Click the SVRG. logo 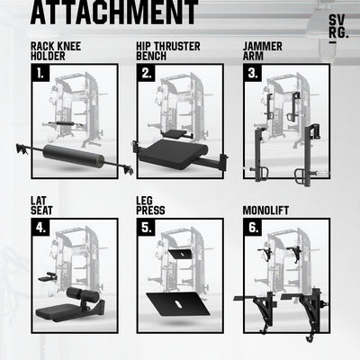pyautogui.click(x=338, y=28)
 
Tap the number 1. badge pyautogui.click(x=40, y=74)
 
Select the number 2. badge pyautogui.click(x=147, y=74)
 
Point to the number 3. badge pyautogui.click(x=253, y=74)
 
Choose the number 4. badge pyautogui.click(x=40, y=228)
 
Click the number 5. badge pyautogui.click(x=147, y=228)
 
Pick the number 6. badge pyautogui.click(x=253, y=228)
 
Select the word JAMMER pyautogui.click(x=263, y=47)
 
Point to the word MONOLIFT pyautogui.click(x=265, y=211)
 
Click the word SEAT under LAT pyautogui.click(x=41, y=211)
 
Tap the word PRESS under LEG pyautogui.click(x=150, y=211)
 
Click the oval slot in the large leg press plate pyautogui.click(x=178, y=303)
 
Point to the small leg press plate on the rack pyautogui.click(x=181, y=254)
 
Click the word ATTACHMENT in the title pyautogui.click(x=114, y=13)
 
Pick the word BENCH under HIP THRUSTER pyautogui.click(x=151, y=56)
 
